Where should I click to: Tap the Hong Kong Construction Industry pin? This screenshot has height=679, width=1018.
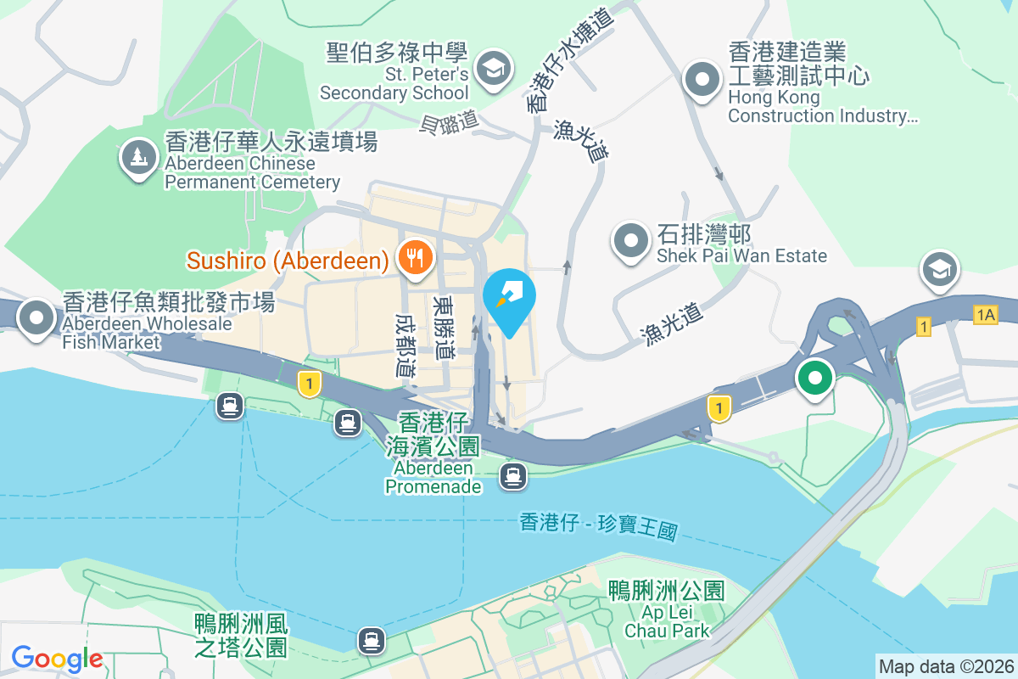pyautogui.click(x=702, y=81)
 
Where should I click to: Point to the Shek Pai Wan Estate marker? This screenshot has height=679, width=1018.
pyautogui.click(x=631, y=240)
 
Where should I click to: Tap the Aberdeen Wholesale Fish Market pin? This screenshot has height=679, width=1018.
pyautogui.click(x=36, y=317)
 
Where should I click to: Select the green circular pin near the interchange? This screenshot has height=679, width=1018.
pyautogui.click(x=814, y=379)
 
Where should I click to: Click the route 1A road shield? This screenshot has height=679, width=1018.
pyautogui.click(x=985, y=315)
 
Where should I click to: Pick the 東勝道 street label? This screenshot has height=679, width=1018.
pyautogui.click(x=442, y=327)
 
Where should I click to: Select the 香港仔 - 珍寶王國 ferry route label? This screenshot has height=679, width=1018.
pyautogui.click(x=599, y=526)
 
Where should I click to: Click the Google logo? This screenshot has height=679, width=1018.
pyautogui.click(x=57, y=659)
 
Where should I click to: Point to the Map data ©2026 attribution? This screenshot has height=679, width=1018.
pyautogui.click(x=946, y=666)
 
